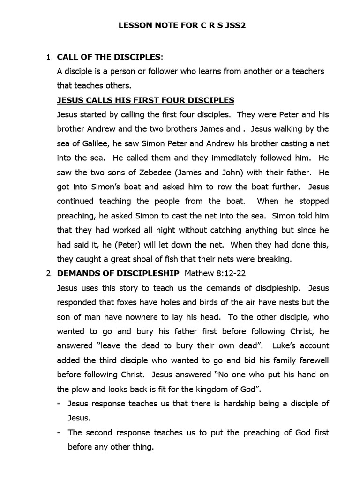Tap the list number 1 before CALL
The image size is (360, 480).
(x=48, y=58)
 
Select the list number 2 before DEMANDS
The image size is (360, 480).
(x=48, y=273)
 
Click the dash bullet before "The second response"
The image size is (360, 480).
(x=59, y=433)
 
